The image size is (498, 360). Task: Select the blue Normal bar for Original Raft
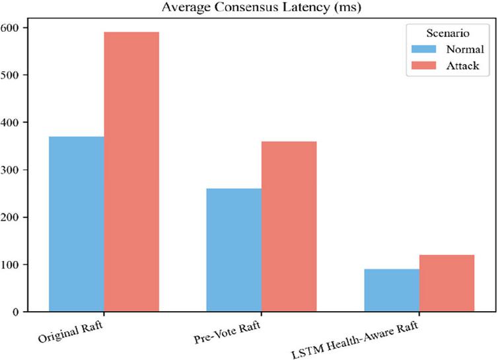(77, 224)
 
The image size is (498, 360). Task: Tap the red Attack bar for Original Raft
(131, 172)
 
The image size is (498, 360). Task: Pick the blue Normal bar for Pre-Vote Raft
(234, 250)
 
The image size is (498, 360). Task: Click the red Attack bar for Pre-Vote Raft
(289, 227)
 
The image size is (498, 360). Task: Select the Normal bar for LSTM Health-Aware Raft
(392, 291)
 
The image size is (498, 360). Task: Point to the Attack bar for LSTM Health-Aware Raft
(447, 283)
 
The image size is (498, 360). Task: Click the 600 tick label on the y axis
(9, 28)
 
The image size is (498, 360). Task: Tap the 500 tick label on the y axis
(9, 75)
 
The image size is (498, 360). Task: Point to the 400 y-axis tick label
(9, 123)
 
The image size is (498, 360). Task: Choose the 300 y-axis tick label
(9, 170)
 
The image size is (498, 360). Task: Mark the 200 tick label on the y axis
(9, 217)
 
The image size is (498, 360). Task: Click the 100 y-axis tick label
(9, 265)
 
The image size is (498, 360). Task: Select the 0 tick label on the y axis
(16, 312)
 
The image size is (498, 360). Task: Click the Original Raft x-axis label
(71, 332)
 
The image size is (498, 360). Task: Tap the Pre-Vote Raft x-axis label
(227, 332)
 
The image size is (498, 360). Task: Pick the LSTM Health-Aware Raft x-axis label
(355, 340)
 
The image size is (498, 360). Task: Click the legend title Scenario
(448, 33)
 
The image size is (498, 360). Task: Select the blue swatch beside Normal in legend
(423, 49)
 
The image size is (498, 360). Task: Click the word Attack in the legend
(462, 65)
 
